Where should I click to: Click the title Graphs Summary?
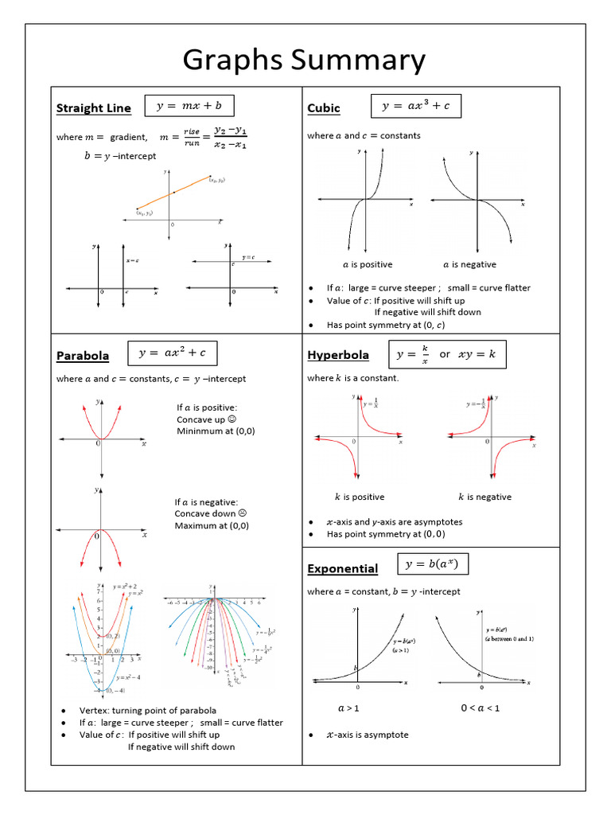(x=305, y=61)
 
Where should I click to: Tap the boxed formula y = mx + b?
(x=189, y=105)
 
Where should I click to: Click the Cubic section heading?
(x=324, y=109)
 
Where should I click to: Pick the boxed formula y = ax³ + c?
(x=416, y=106)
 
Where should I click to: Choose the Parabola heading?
(x=83, y=356)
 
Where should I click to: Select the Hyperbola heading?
(x=340, y=355)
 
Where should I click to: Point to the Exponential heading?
(x=343, y=568)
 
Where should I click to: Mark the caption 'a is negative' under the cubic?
(x=469, y=264)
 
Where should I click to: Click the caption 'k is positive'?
(x=359, y=497)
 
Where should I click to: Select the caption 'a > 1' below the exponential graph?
(x=348, y=707)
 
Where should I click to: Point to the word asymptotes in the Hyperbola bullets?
(x=437, y=522)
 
